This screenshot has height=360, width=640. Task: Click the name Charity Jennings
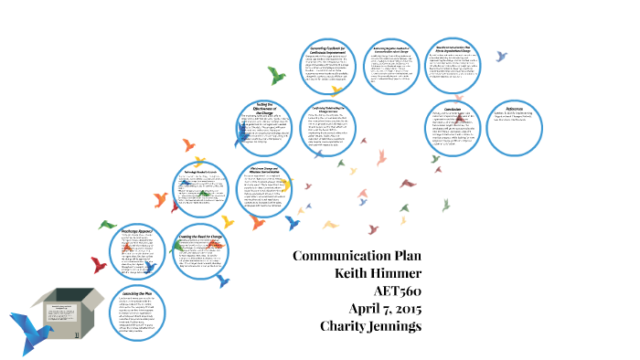coord(370,325)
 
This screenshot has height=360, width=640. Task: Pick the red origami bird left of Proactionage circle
coord(99,265)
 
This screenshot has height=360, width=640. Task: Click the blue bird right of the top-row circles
coord(501,56)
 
